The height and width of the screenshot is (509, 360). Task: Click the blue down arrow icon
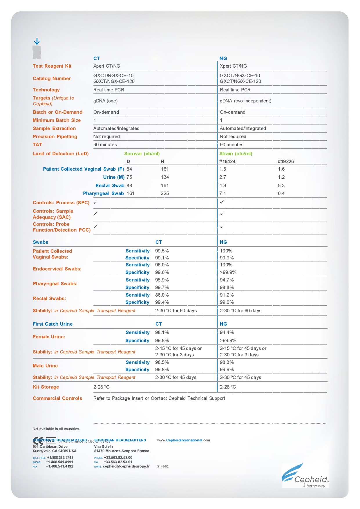(x=37, y=41)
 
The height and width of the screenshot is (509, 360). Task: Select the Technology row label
(x=46, y=90)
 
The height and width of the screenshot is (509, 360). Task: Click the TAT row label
(x=37, y=145)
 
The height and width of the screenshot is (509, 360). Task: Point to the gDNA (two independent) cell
(x=245, y=101)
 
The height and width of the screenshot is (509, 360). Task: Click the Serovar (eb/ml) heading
(x=142, y=154)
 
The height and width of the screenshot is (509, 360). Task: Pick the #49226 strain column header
(x=286, y=162)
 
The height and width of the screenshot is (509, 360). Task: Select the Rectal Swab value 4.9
(x=222, y=186)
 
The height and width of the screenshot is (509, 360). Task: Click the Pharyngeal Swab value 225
(x=165, y=194)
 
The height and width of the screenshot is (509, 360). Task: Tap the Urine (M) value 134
(x=165, y=177)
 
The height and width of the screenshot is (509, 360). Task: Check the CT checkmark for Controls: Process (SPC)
(x=95, y=202)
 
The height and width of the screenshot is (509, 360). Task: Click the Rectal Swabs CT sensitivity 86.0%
(x=162, y=295)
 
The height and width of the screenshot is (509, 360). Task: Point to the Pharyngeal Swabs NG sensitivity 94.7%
(x=227, y=280)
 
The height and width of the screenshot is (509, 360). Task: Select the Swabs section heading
(x=41, y=242)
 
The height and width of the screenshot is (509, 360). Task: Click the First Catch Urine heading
(x=53, y=324)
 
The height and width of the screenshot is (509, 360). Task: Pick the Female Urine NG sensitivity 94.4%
(x=227, y=333)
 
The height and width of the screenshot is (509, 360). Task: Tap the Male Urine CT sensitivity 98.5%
(x=162, y=362)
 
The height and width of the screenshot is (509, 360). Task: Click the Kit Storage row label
(x=46, y=387)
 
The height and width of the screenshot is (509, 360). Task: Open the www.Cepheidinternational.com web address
(x=183, y=440)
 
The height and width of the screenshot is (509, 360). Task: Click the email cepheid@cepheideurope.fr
(x=126, y=466)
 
